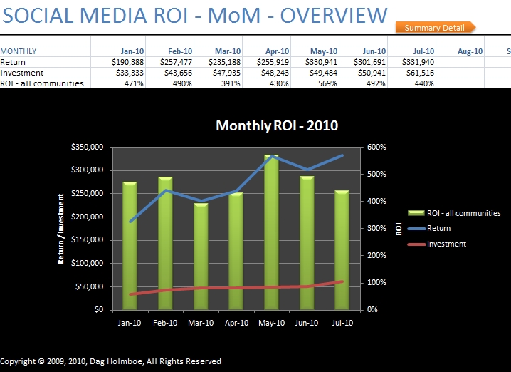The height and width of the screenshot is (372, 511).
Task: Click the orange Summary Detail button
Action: point(434,28)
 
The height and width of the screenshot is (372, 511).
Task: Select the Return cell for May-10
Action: point(314,62)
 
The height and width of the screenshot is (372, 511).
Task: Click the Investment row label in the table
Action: point(22,73)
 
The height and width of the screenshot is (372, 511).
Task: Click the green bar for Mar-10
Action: point(201,256)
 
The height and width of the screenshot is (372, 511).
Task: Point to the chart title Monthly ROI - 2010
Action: point(277,126)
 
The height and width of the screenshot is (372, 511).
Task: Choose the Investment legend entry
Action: point(446,244)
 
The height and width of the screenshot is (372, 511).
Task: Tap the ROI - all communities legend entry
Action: point(463,213)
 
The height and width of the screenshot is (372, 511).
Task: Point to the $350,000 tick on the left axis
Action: point(88,147)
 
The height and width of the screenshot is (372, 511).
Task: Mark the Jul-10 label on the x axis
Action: point(343,322)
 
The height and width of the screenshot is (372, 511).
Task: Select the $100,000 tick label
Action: point(88,263)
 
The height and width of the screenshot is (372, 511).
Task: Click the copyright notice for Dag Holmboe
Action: point(111,361)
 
